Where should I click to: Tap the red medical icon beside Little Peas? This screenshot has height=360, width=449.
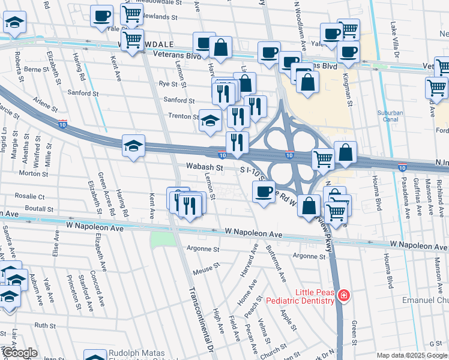click(x=343, y=295)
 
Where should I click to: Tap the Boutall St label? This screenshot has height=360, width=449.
click(x=39, y=208)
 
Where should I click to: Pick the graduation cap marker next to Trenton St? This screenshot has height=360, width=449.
click(x=209, y=120)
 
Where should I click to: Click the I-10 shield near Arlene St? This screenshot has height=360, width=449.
click(x=63, y=124)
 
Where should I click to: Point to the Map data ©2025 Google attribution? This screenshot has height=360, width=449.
click(x=412, y=355)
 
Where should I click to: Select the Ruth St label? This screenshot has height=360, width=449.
click(x=44, y=325)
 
